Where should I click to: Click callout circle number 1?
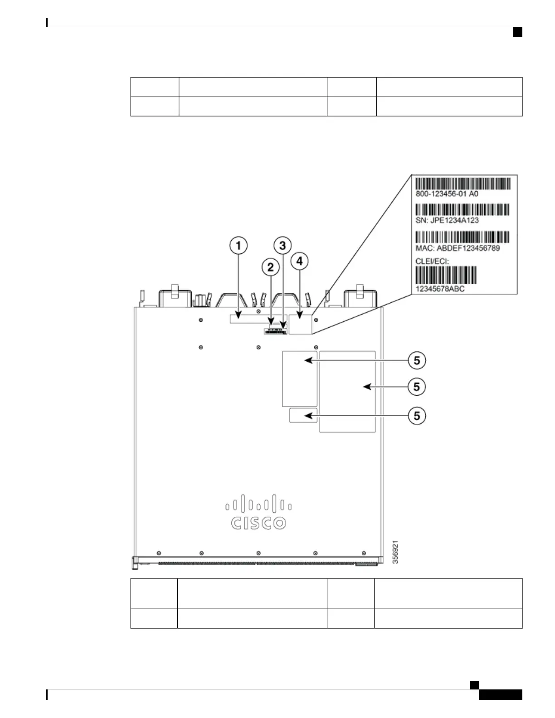pos(239,246)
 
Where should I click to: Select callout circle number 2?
pos(271,267)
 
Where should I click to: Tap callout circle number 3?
pos(283,246)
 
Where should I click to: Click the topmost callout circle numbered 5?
pos(417,360)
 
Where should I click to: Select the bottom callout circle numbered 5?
pos(417,416)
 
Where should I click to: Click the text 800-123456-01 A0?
pos(447,194)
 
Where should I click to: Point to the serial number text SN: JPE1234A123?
pos(447,220)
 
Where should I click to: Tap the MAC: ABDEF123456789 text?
pos(458,248)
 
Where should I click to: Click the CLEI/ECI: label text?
pos(432,262)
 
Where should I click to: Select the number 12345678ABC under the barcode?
pos(440,289)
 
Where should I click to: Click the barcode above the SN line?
pos(462,210)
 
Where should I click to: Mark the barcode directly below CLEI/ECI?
pos(446,275)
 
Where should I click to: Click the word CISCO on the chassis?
pos(258,523)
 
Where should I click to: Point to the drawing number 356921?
pos(395,552)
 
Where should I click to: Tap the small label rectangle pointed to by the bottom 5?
pos(303,415)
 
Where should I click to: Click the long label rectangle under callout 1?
pos(250,319)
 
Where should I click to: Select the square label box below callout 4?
pos(301,324)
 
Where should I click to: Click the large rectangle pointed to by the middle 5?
pos(347,391)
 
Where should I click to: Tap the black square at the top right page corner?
pos(518,32)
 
